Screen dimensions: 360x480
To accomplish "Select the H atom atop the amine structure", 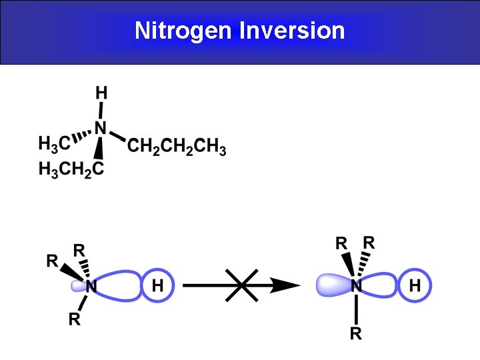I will click(x=101, y=92).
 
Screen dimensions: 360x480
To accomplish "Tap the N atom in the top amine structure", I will click(x=100, y=127).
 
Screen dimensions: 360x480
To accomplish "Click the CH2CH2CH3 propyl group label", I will click(x=177, y=147).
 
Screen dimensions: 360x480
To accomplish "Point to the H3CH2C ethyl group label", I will click(x=71, y=169).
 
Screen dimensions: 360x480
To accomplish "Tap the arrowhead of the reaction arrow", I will click(x=285, y=285).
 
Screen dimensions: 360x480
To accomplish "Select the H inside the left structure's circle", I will click(x=158, y=287).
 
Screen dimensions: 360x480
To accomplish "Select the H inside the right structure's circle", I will click(x=415, y=286).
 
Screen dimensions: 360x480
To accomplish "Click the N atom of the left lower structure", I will click(x=91, y=287).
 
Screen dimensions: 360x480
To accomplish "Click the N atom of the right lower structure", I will click(x=356, y=287).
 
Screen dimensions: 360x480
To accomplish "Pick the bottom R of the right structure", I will click(x=356, y=334).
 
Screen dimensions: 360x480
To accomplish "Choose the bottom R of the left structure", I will click(x=75, y=319).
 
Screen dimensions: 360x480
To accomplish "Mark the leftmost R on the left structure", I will click(x=52, y=261).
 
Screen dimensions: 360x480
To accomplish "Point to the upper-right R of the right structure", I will click(x=369, y=242).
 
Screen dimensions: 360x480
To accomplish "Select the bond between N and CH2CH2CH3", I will click(x=117, y=136).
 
